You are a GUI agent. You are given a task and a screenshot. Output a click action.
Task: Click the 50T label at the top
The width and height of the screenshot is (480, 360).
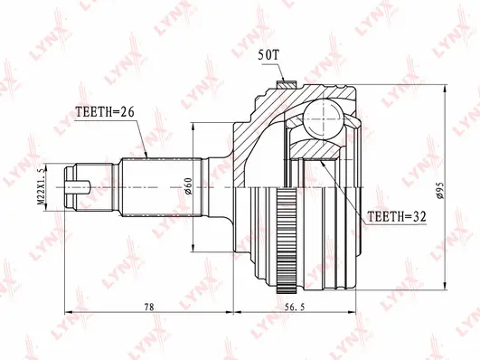point(270,55)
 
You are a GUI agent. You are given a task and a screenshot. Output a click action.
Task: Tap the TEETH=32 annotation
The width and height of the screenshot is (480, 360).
point(395,217)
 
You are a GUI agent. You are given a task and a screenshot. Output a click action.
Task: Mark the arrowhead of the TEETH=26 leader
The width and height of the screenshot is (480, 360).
point(146,156)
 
